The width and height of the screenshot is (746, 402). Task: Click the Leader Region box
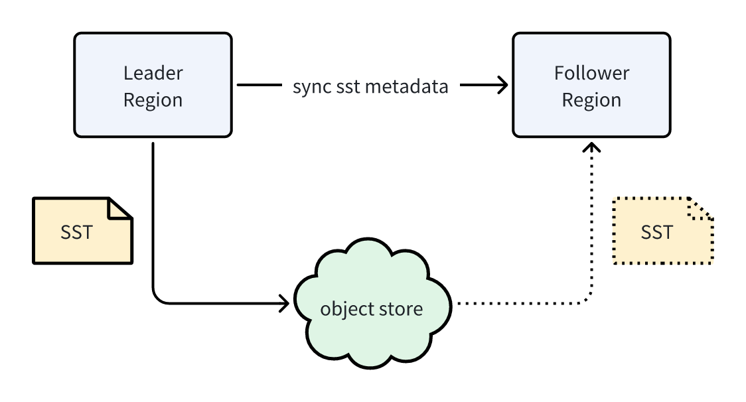(153, 85)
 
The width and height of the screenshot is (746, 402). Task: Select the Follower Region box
(591, 85)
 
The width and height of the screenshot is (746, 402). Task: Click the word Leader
(153, 72)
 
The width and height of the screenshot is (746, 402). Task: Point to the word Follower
(591, 72)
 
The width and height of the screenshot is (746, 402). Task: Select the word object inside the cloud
(342, 310)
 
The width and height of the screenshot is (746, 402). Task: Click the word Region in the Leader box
(153, 100)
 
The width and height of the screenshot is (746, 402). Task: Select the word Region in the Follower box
(591, 100)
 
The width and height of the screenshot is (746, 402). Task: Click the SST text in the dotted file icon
(656, 233)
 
